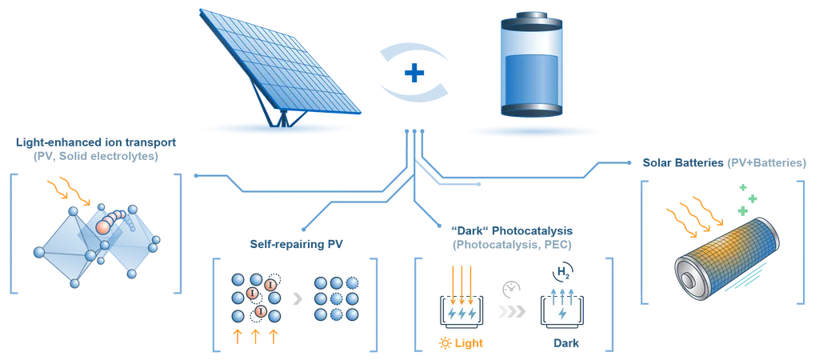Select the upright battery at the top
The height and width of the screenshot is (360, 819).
pyautogui.click(x=527, y=68)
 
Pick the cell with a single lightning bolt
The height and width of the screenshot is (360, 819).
pyautogui.click(x=561, y=314)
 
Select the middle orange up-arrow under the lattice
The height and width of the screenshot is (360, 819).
pyautogui.click(x=254, y=334)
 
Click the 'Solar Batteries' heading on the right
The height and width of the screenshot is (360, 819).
pyautogui.click(x=724, y=162)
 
